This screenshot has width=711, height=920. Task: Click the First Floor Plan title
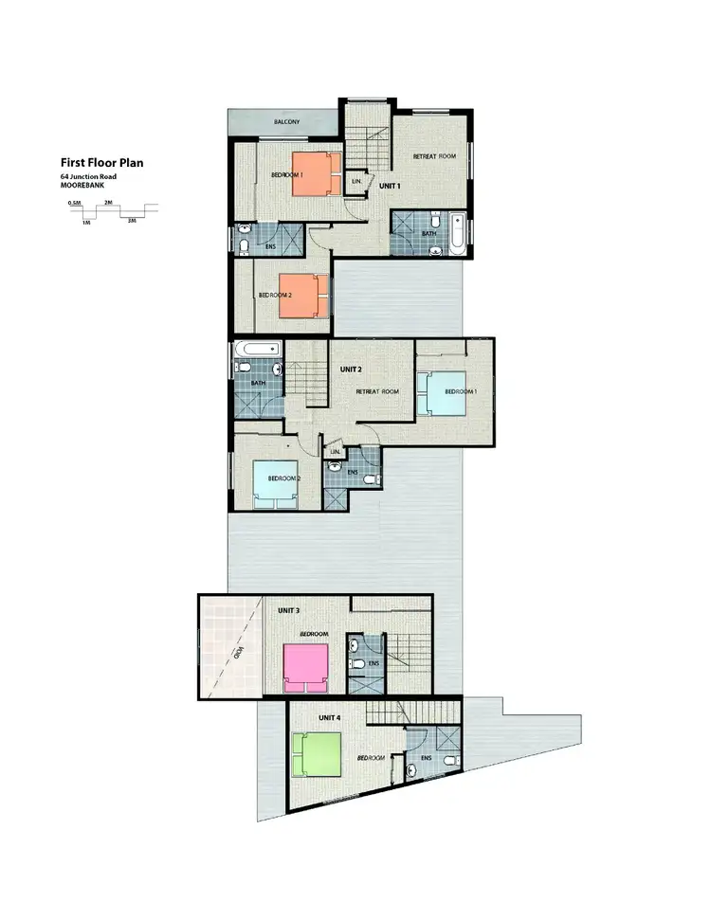coord(102,162)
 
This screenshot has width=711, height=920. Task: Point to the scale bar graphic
coord(111,211)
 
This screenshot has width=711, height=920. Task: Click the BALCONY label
coord(286,123)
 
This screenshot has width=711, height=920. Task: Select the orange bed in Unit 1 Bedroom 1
coord(314,174)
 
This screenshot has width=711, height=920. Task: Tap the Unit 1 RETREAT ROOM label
coord(434,155)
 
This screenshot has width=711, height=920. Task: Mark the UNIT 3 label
coord(289,611)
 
